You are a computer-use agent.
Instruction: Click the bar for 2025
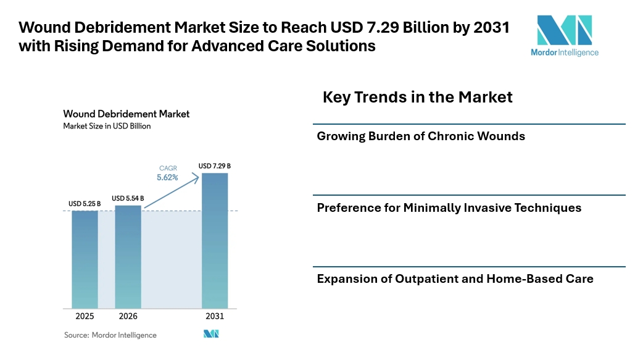click(85, 259)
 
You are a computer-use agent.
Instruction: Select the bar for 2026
click(128, 256)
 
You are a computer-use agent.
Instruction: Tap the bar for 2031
click(215, 241)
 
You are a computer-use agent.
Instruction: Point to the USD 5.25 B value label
click(85, 203)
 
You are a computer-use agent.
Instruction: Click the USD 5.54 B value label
click(128, 198)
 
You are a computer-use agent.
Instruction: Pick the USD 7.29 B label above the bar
click(215, 166)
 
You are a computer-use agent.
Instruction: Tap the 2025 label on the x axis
click(85, 316)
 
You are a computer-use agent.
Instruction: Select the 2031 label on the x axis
click(215, 316)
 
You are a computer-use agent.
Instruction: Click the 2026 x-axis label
click(128, 316)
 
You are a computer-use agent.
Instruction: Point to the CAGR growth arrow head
click(197, 176)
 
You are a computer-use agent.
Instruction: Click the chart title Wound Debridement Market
click(126, 114)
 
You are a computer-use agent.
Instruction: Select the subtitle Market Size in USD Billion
click(107, 126)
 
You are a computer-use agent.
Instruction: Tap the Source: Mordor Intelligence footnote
click(110, 335)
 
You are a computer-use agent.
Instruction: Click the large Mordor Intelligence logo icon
click(564, 30)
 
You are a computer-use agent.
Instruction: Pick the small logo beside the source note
click(211, 334)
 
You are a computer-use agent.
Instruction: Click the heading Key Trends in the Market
click(418, 97)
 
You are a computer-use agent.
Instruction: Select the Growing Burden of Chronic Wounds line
click(421, 136)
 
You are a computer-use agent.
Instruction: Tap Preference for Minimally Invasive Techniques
click(449, 207)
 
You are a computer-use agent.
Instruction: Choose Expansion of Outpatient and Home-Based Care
click(455, 278)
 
